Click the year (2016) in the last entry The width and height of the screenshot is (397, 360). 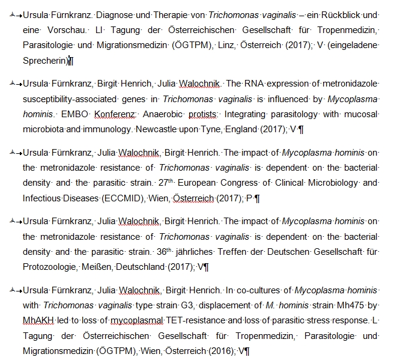click(x=219, y=350)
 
